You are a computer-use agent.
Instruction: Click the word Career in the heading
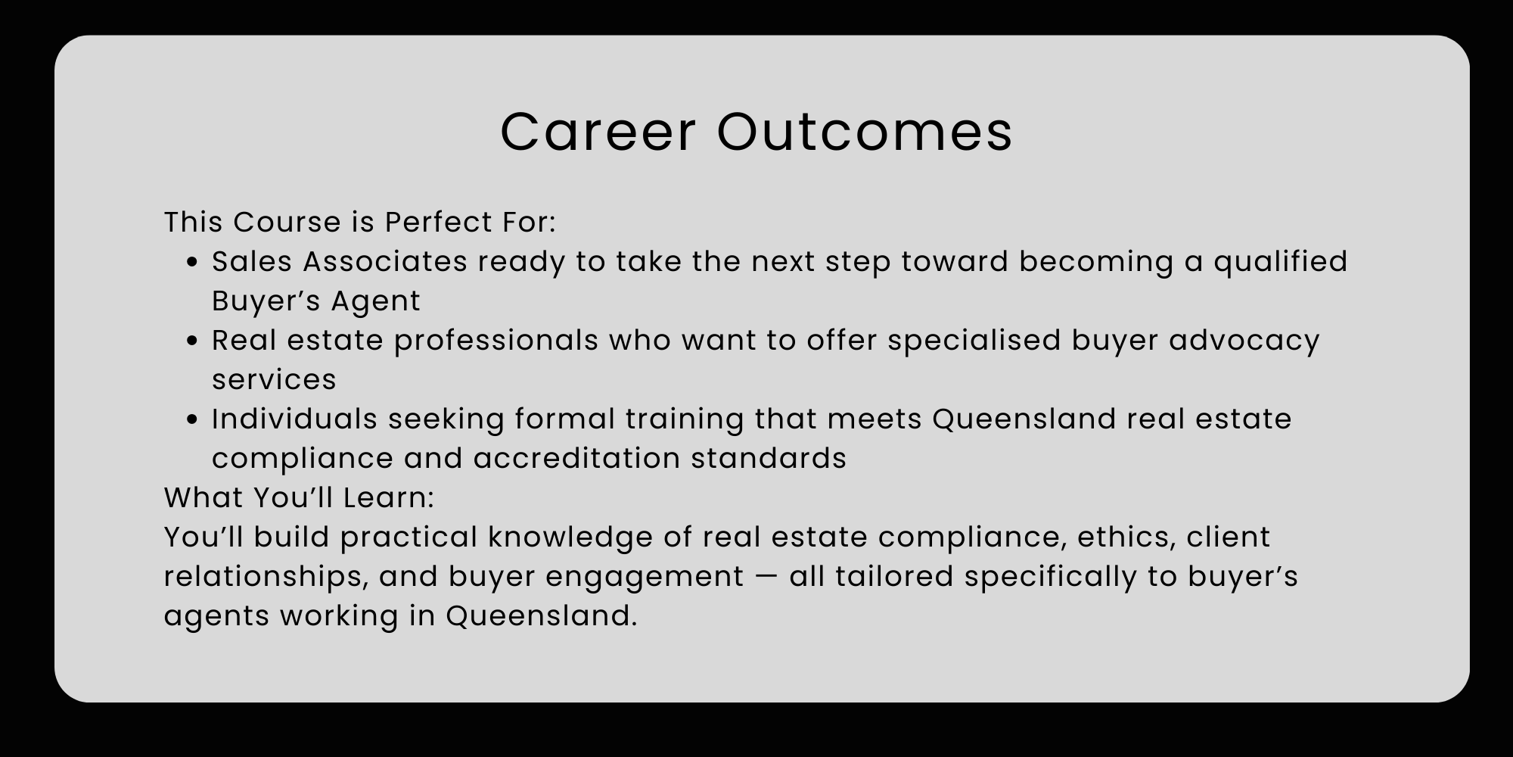(x=598, y=132)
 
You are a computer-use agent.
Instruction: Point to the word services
(x=274, y=380)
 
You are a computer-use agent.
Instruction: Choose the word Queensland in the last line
(x=539, y=616)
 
